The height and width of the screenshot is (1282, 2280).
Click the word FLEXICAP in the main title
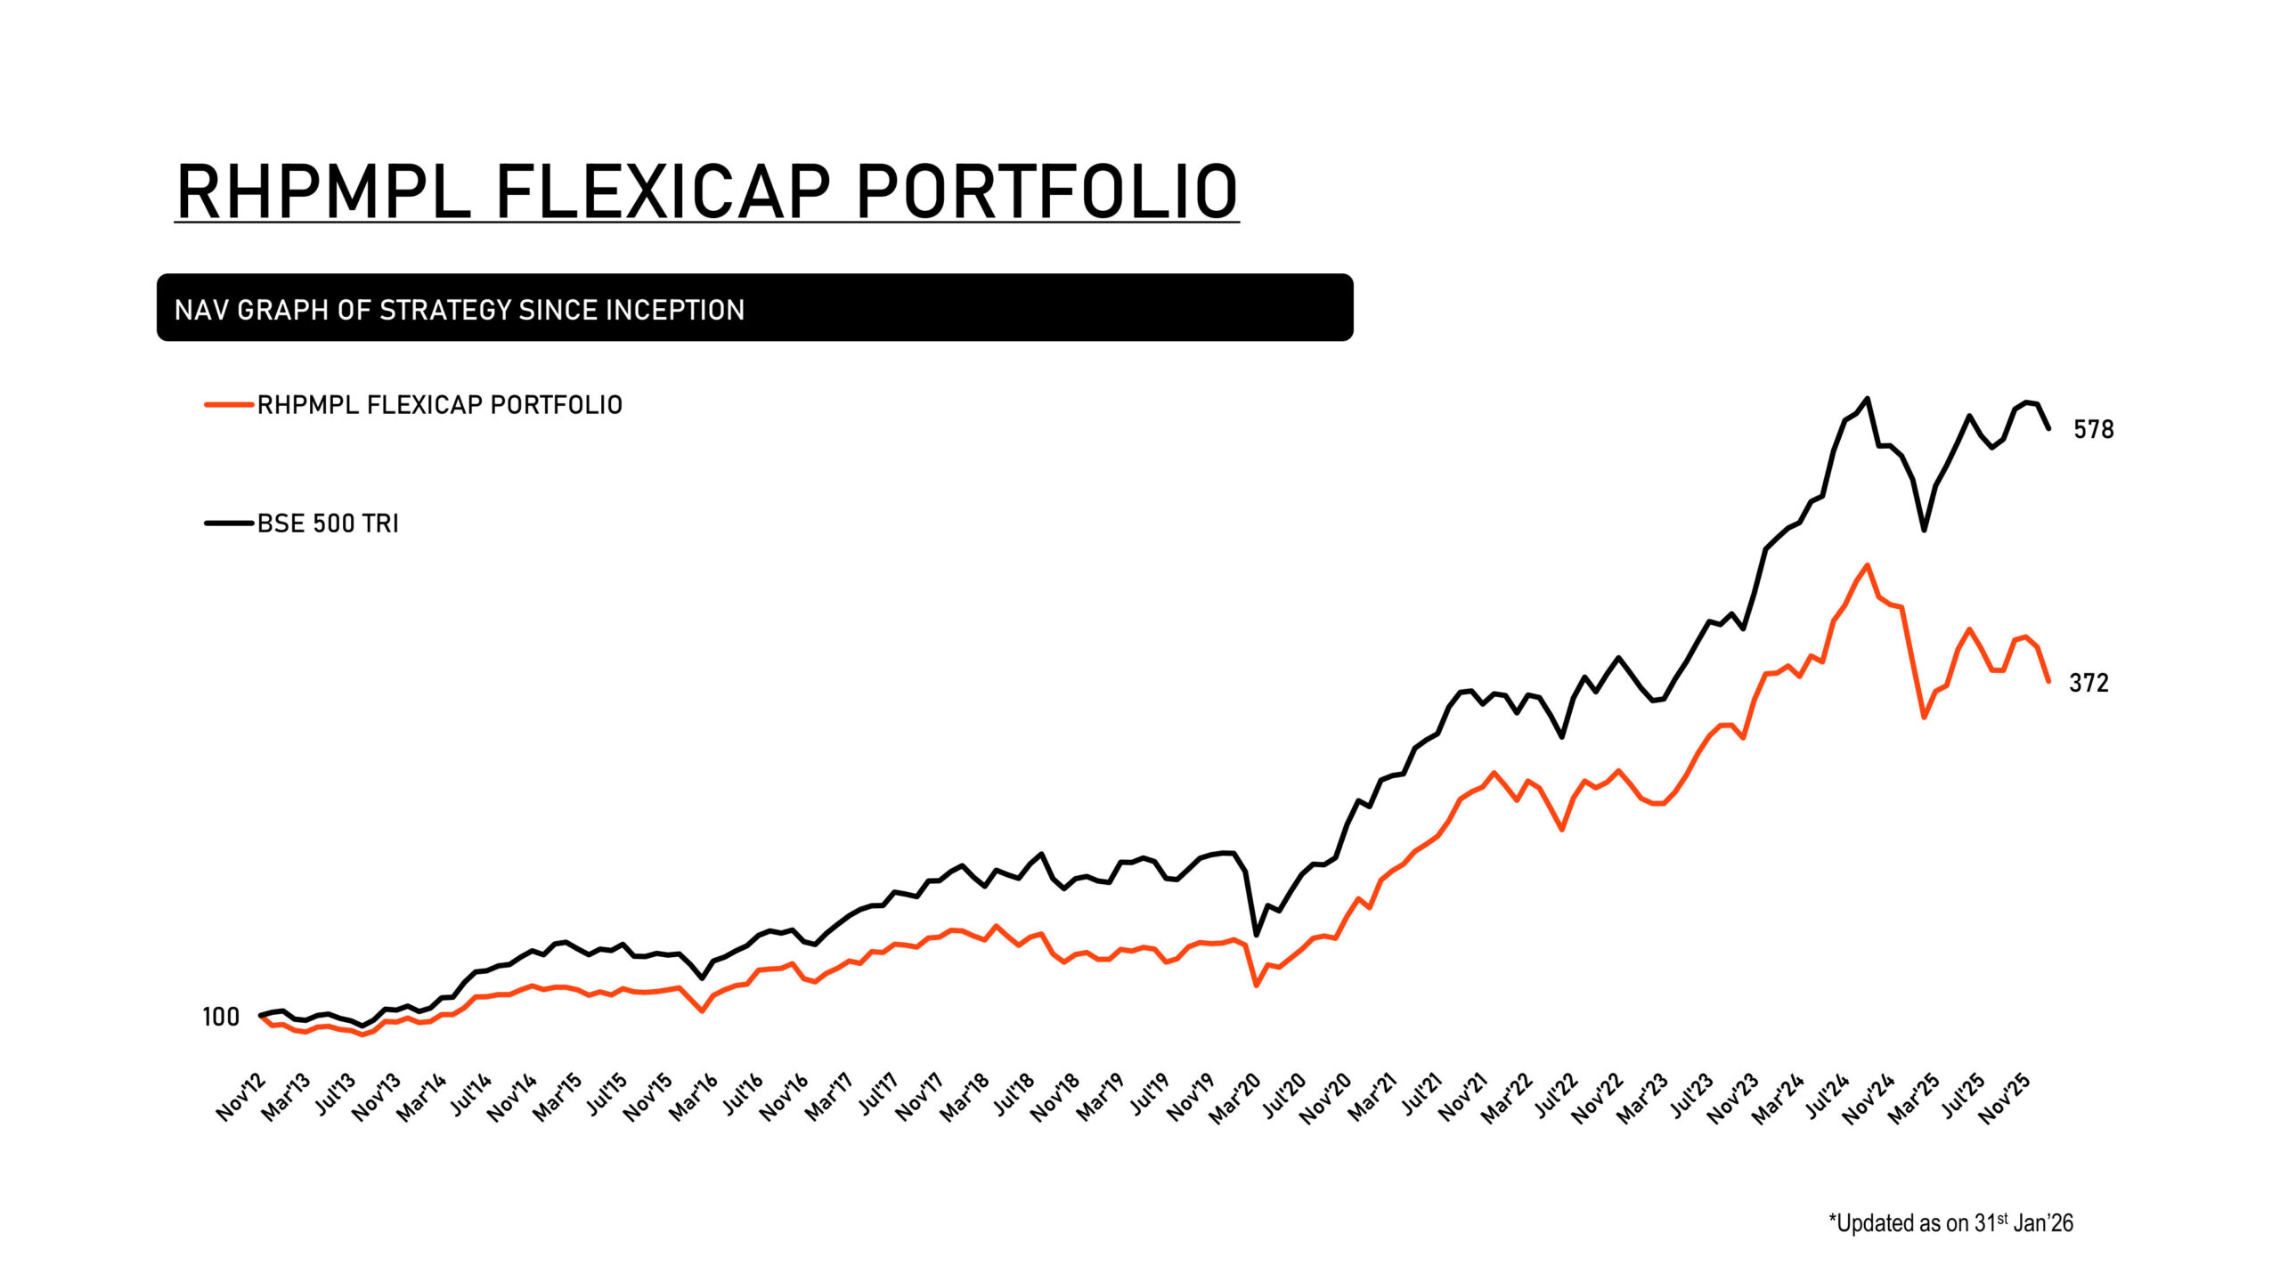click(x=662, y=191)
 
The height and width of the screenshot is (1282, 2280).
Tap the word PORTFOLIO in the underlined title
click(x=1046, y=191)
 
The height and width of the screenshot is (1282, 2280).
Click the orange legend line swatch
click(x=229, y=405)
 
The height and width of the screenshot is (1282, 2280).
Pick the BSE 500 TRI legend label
click(x=328, y=523)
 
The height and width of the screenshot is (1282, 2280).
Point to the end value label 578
click(x=2093, y=430)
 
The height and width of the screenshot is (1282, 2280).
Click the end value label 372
click(x=2089, y=683)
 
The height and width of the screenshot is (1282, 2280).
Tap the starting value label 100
click(x=221, y=1017)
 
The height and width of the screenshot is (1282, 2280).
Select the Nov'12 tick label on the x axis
click(x=241, y=1097)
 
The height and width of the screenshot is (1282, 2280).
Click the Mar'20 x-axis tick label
click(x=1235, y=1099)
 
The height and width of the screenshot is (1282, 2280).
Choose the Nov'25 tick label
click(x=2004, y=1099)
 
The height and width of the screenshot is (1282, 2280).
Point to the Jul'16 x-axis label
click(x=742, y=1095)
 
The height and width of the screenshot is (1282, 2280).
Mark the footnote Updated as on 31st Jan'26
click(x=1950, y=1223)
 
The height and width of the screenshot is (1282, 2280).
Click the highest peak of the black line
click(x=1868, y=399)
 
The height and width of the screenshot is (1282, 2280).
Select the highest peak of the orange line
click(x=1867, y=564)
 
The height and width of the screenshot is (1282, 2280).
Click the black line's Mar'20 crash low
click(x=1256, y=935)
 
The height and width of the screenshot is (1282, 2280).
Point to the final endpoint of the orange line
click(x=2048, y=681)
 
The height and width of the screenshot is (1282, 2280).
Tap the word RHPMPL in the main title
click(x=323, y=191)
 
